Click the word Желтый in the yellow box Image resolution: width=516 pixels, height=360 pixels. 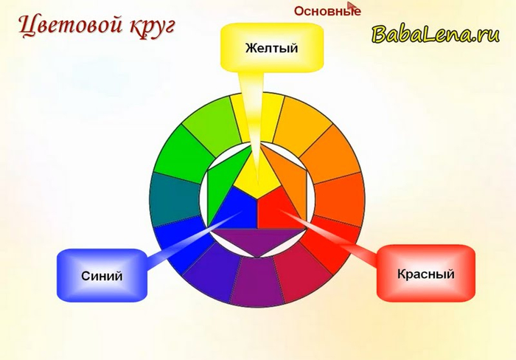coord(271,48)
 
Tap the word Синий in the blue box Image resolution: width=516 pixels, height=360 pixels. coord(102,276)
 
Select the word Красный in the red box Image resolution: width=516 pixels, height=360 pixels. coord(426,274)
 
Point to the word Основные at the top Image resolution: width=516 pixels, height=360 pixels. coord(327,11)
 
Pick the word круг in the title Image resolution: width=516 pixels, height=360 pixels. coord(152,27)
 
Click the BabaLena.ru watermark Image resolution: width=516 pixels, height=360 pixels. coord(436,34)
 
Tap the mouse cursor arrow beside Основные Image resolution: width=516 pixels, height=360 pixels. coord(352,7)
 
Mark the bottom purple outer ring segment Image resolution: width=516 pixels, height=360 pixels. coord(257,283)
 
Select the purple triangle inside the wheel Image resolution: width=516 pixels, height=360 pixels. coord(257,239)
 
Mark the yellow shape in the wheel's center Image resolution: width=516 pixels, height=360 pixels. coord(257,173)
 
